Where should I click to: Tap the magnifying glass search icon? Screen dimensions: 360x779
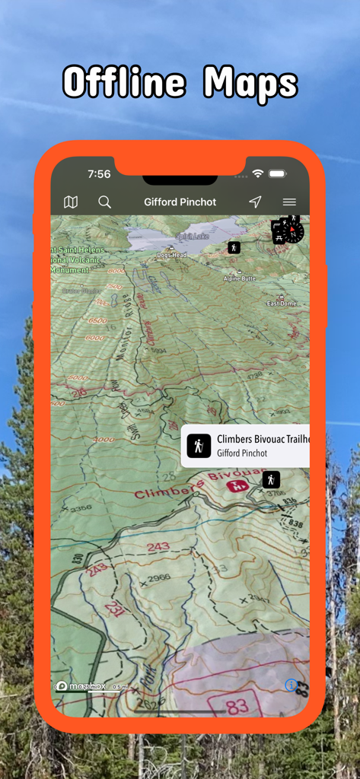105,202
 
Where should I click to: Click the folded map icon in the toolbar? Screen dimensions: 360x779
71,202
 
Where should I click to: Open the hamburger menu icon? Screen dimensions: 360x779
289,202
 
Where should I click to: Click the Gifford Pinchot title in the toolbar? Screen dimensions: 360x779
180,202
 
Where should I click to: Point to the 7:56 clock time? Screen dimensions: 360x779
99,174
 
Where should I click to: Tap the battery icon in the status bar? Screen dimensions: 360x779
277,174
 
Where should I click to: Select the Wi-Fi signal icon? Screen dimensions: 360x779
258,174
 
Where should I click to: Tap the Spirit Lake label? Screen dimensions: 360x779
193,237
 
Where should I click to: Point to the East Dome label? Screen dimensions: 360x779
281,304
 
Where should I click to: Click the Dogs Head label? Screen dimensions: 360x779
171,255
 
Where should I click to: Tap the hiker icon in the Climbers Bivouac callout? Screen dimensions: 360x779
199,446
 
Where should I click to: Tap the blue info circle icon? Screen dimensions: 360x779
291,685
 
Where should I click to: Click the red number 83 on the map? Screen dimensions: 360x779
237,705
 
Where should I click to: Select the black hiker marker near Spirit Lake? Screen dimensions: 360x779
234,247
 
